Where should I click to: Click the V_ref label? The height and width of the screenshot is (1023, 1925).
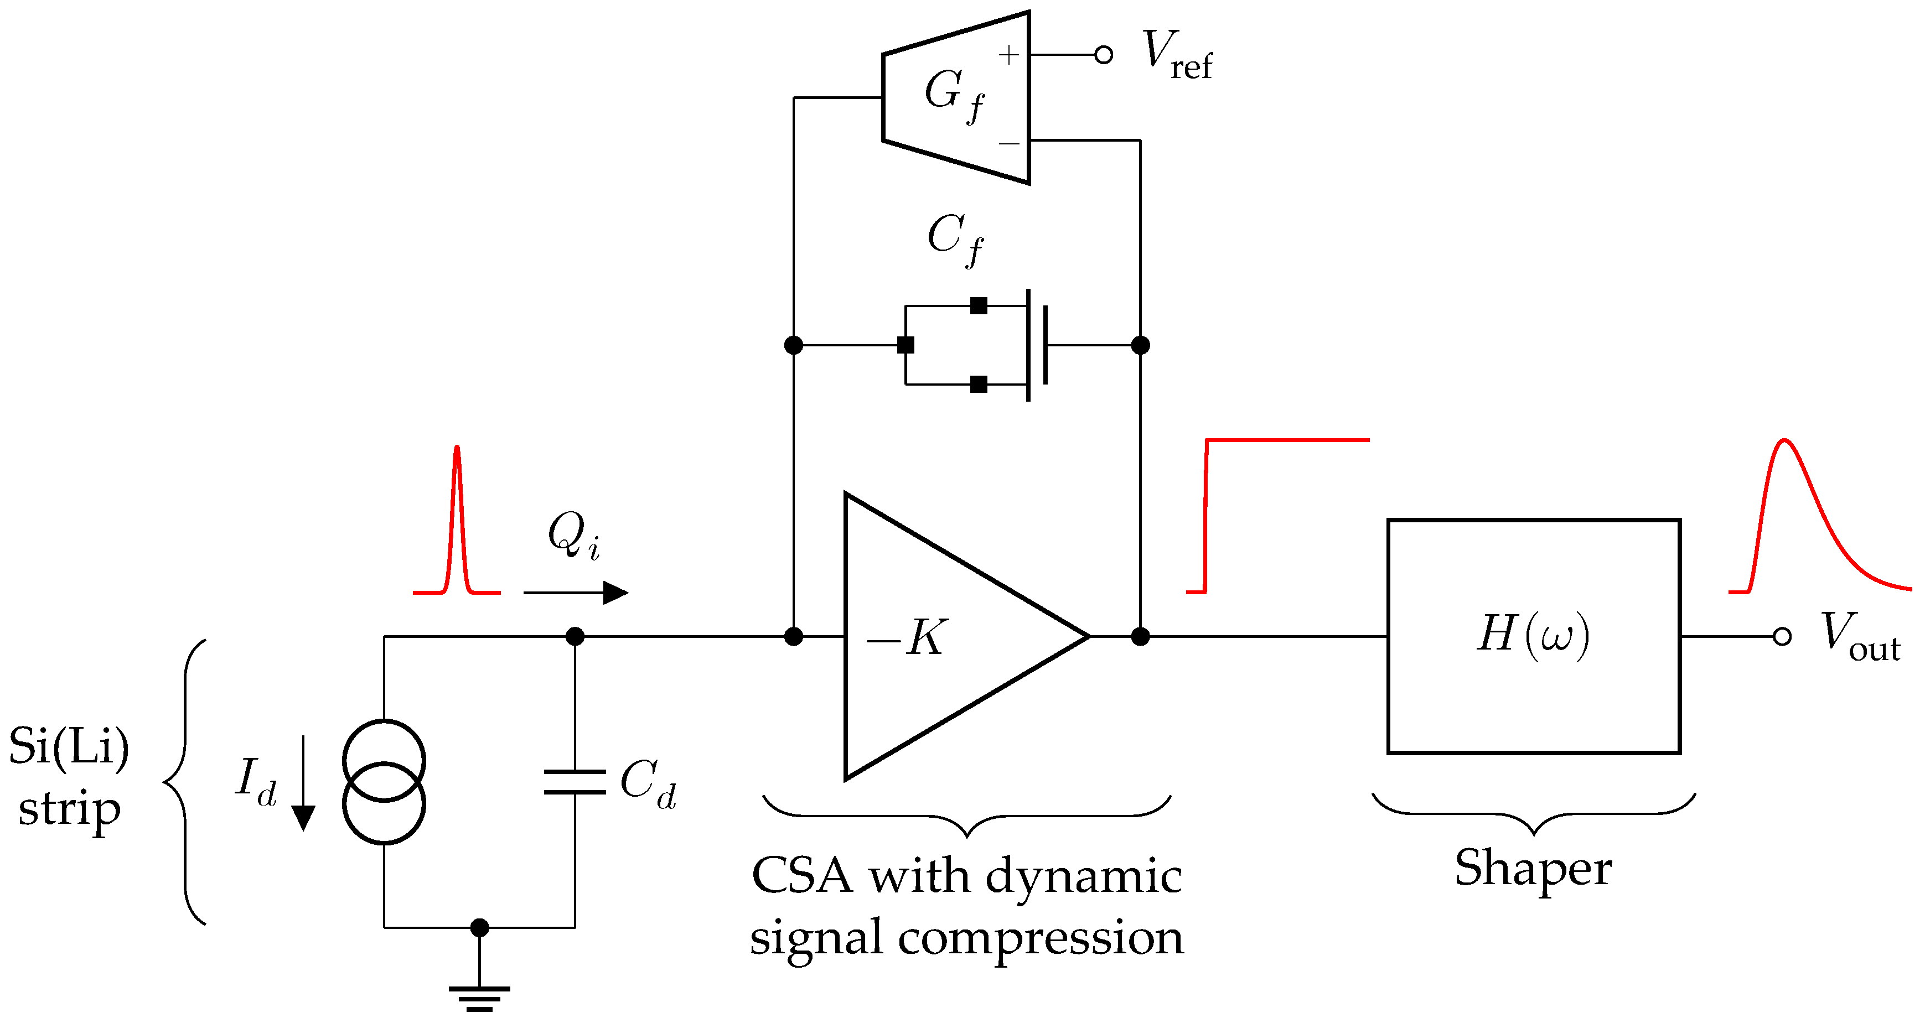1176,55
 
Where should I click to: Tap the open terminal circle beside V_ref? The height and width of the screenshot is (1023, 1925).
1103,55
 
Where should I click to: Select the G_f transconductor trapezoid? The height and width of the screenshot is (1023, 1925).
956,97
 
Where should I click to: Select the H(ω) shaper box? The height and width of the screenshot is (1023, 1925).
1534,636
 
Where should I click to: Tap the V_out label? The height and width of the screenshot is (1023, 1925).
1859,637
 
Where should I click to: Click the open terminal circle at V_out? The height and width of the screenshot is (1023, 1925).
1782,637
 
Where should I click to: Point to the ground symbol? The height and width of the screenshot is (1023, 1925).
479,997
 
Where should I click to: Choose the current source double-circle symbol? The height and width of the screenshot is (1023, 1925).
384,782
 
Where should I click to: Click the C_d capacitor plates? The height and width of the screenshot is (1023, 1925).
575,782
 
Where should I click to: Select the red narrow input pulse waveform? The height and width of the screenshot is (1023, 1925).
457,523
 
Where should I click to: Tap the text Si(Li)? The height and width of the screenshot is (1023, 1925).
69,747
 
